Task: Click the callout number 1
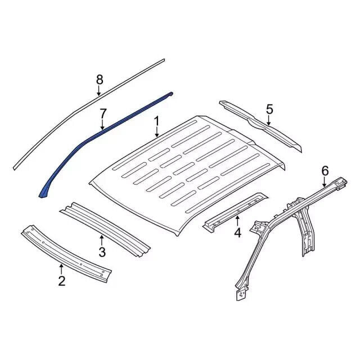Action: (156, 121)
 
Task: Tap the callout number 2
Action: (62, 281)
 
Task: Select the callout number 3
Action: (102, 252)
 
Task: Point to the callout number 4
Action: (237, 232)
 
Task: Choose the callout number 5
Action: (269, 109)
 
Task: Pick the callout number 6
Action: (325, 171)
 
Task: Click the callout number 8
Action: (100, 80)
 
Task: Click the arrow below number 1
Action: (157, 133)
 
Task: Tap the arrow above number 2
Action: (61, 269)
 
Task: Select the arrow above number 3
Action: (101, 240)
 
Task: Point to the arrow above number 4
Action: (237, 221)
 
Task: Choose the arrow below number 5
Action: (269, 120)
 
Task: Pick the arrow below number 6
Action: (325, 182)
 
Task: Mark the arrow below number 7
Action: (102, 125)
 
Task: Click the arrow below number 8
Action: (99, 91)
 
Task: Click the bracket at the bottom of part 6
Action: (240, 294)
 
